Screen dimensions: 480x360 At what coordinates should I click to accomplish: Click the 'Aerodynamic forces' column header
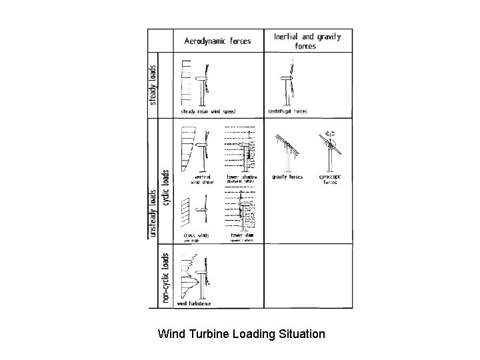tap(217, 41)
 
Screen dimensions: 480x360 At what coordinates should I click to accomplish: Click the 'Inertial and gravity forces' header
tap(307, 41)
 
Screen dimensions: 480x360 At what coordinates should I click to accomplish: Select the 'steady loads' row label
tap(153, 84)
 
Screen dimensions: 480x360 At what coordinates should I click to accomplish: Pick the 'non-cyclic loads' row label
tap(165, 278)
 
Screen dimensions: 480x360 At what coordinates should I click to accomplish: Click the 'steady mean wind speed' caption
tap(208, 111)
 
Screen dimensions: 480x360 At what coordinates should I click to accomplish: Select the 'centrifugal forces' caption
tap(287, 111)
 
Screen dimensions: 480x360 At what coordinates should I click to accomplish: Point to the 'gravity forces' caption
tap(287, 177)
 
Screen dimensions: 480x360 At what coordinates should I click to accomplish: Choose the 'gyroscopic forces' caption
tap(330, 179)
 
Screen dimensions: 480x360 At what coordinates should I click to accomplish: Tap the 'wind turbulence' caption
tap(195, 303)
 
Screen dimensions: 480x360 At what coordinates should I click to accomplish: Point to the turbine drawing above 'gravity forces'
tap(287, 150)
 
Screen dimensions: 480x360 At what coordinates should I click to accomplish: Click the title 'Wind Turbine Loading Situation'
tap(241, 333)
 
